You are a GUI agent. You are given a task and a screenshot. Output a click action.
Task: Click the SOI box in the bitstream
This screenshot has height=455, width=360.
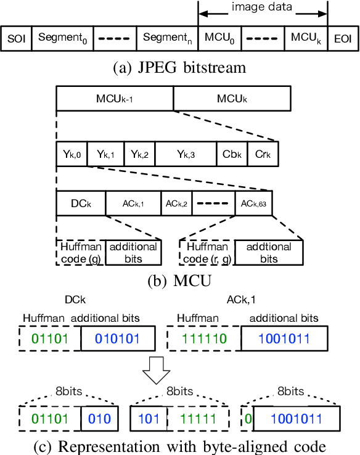[x=15, y=38]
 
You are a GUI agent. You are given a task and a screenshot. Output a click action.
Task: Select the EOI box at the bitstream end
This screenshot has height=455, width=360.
[x=342, y=38]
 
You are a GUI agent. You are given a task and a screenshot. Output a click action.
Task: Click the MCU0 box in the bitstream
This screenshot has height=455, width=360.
[x=219, y=38]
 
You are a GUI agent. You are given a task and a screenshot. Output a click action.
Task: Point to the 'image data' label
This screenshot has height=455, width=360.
[x=263, y=7]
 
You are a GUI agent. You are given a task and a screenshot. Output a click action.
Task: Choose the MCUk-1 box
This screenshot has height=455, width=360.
[x=115, y=99]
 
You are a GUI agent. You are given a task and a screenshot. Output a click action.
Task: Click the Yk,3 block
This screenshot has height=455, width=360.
[x=185, y=154]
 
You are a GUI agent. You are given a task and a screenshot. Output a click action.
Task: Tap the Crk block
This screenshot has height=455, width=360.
[x=263, y=154]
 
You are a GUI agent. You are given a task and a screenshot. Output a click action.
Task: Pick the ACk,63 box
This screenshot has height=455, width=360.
[x=253, y=203]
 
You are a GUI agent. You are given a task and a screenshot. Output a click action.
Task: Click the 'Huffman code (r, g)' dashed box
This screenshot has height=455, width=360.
[x=203, y=252]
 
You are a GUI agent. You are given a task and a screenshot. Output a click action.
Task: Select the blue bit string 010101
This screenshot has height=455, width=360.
[x=115, y=339]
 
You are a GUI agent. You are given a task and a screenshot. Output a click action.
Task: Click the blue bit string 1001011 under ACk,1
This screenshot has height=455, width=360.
[x=284, y=339]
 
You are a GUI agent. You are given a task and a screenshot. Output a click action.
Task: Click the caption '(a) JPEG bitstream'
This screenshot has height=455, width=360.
[x=180, y=68]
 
